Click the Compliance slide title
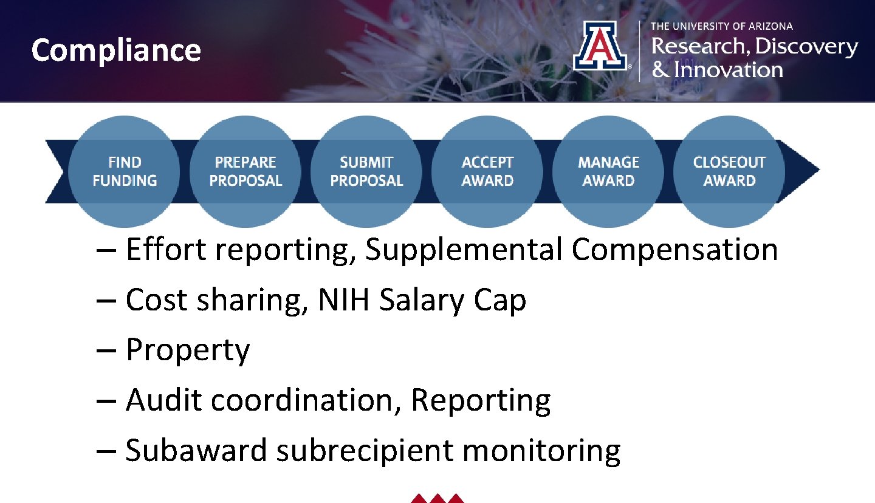coord(115,50)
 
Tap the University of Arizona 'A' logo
coord(599,46)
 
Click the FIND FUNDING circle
coord(125,171)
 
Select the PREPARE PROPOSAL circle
coord(245,171)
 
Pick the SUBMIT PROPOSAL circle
coord(366,171)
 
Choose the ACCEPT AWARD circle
coord(487,171)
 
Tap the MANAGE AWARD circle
coord(608,171)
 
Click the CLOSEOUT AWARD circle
coord(729,171)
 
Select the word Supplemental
coord(463,250)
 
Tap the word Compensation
coord(674,250)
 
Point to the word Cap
coord(501,300)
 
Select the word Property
coord(187,351)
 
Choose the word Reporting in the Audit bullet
coord(481,400)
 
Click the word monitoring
coord(541,451)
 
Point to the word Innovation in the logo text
coord(727,70)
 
